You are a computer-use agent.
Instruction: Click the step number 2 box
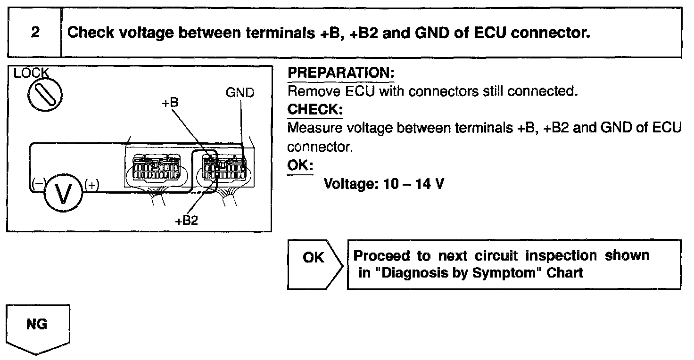click(34, 33)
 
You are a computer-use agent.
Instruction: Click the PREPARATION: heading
click(341, 73)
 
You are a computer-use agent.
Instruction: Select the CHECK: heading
click(315, 109)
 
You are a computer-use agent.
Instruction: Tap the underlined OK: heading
click(300, 165)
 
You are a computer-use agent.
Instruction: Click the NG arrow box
click(38, 327)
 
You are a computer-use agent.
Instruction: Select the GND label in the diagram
click(240, 92)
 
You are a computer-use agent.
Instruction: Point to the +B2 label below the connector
click(186, 221)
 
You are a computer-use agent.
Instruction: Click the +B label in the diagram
click(169, 102)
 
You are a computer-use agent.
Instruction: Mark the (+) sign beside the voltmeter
click(92, 185)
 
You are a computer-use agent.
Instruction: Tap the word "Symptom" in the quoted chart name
click(513, 273)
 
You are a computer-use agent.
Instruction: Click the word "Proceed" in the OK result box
click(382, 256)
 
